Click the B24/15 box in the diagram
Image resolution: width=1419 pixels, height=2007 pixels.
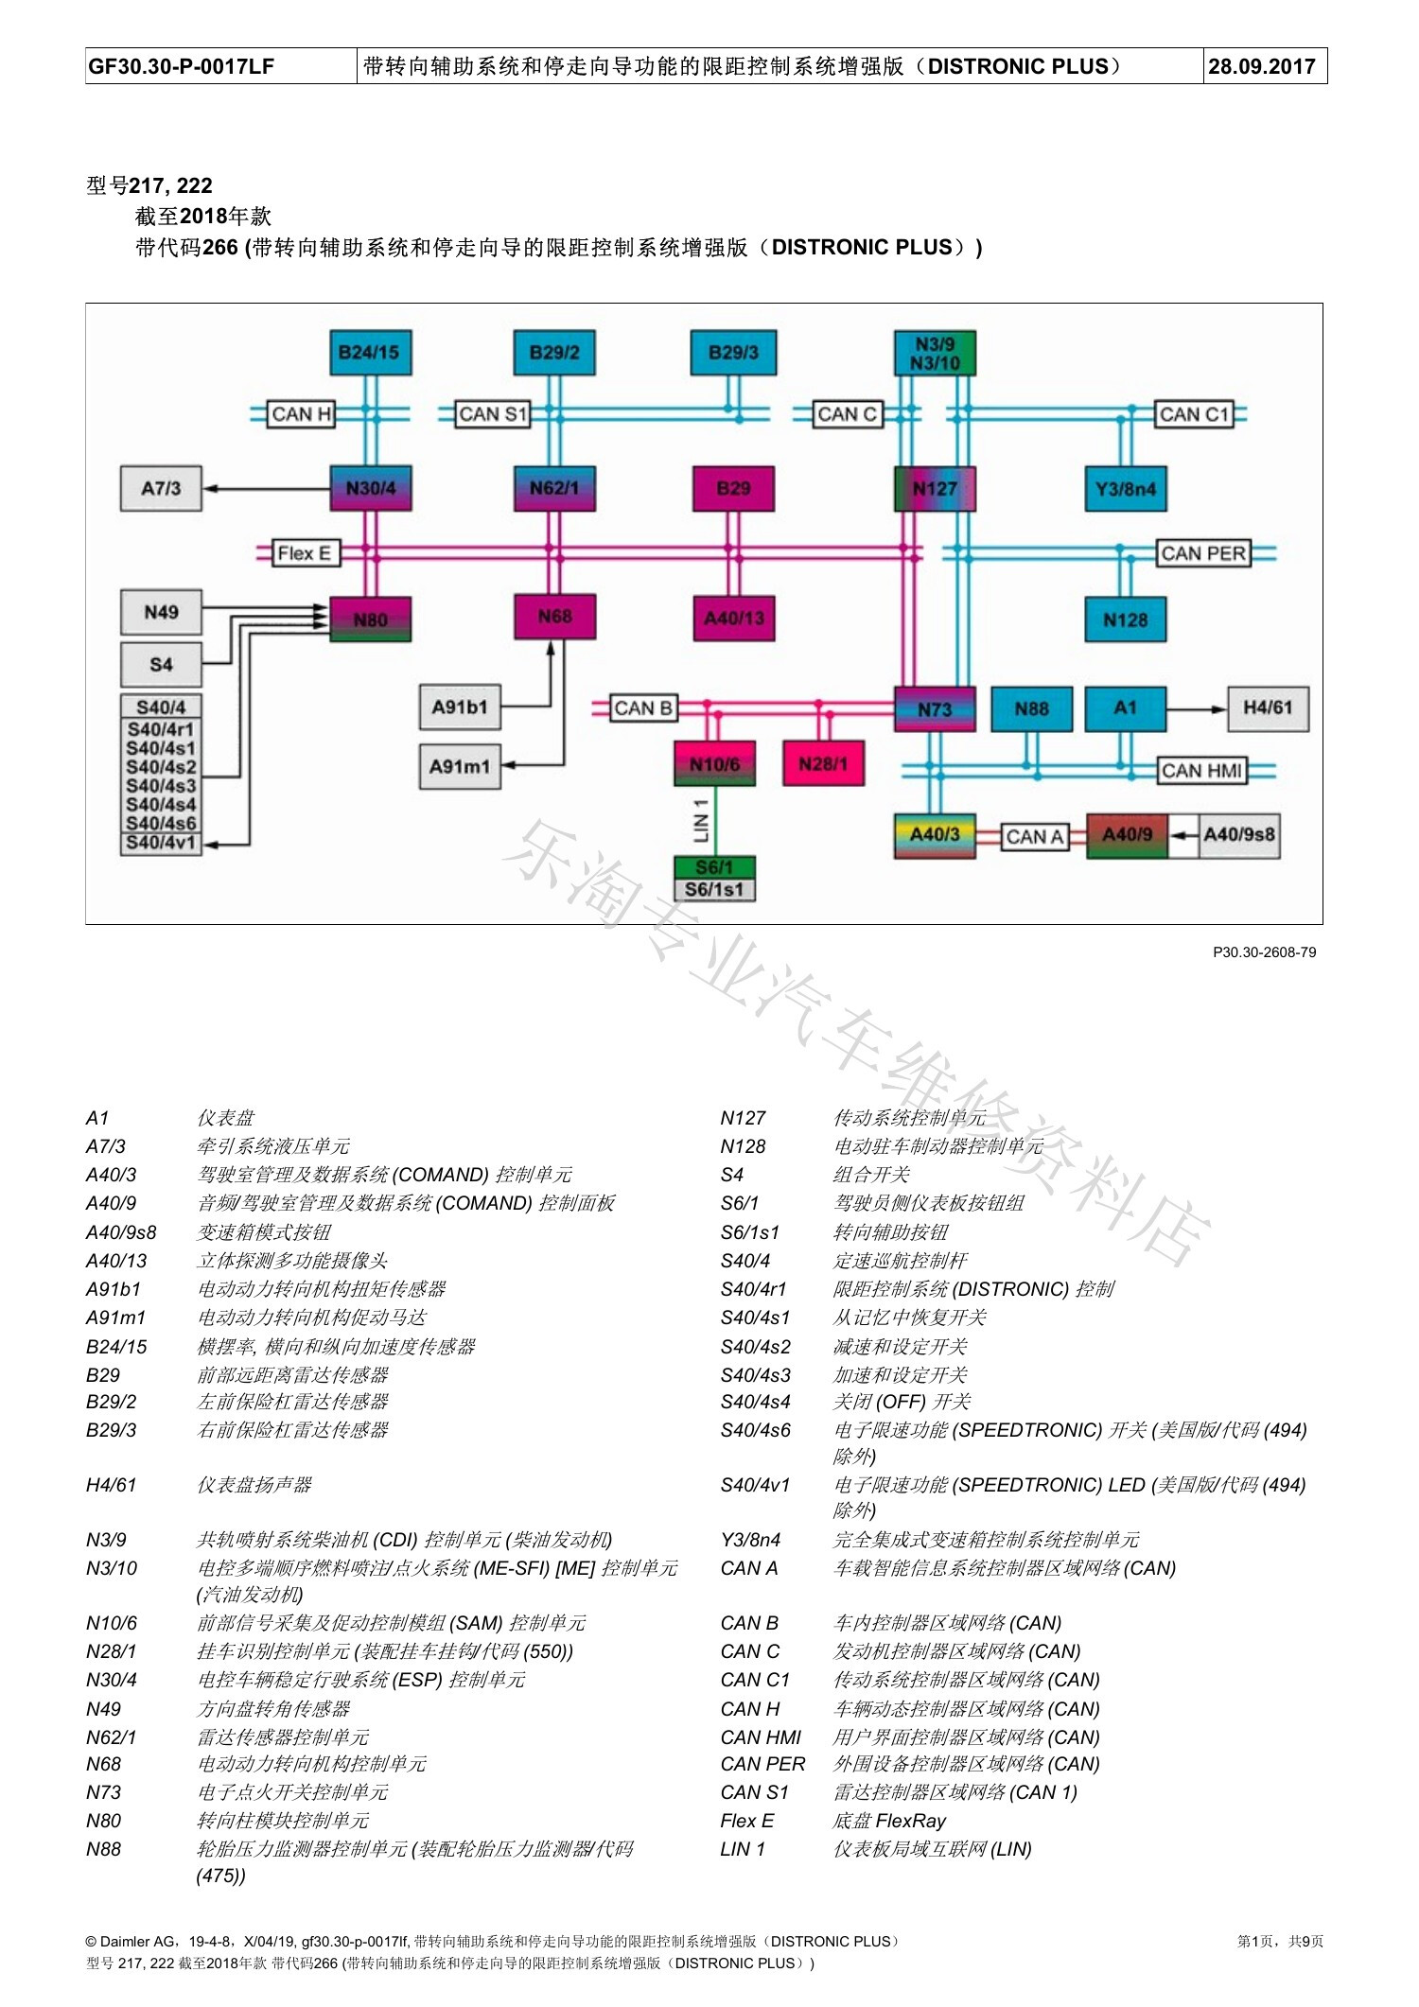[370, 353]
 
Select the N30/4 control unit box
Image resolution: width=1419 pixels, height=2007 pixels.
[370, 488]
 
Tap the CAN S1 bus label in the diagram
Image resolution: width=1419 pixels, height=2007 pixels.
[492, 414]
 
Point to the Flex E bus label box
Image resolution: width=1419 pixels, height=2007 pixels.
[305, 553]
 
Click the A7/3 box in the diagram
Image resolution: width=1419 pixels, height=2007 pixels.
[161, 488]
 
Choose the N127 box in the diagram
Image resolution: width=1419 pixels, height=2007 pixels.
[935, 488]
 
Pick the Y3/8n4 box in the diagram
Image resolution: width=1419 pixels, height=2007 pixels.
[1126, 488]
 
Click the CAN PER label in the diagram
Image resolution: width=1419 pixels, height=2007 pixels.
[1203, 553]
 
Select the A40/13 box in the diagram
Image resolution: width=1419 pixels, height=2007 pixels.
[734, 618]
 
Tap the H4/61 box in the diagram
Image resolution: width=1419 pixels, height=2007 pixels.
[1268, 708]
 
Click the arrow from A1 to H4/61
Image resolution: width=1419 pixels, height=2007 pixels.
[1197, 708]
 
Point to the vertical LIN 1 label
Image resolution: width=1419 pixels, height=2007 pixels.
[701, 820]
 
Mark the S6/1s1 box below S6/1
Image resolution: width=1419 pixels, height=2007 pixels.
[714, 889]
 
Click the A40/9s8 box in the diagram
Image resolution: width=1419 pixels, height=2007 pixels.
[1239, 835]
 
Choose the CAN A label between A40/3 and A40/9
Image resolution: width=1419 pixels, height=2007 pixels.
[1035, 836]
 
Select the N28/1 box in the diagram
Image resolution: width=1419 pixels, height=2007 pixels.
[823, 763]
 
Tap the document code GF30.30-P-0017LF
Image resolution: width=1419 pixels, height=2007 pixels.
[182, 66]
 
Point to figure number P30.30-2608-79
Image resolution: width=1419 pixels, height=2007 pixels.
[1264, 952]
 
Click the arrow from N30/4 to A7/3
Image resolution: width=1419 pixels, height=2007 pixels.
[266, 488]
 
